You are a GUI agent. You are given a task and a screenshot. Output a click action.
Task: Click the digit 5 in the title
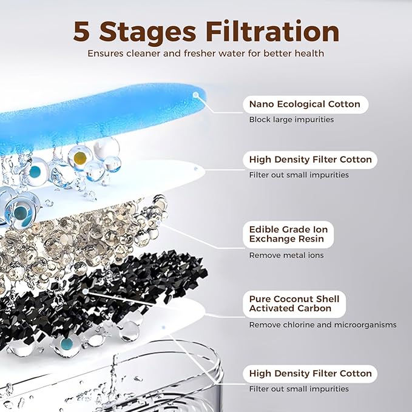pyautogui.click(x=81, y=32)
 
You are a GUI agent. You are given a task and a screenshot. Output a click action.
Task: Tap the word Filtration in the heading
pyautogui.click(x=272, y=31)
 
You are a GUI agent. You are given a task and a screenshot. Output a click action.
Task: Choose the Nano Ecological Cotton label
pyautogui.click(x=305, y=104)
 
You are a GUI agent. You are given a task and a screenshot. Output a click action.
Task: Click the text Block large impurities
pyautogui.click(x=291, y=120)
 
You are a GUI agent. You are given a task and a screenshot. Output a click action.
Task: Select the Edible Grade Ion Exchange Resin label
pyautogui.click(x=288, y=234)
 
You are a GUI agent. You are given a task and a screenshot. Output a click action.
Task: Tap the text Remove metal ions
pyautogui.click(x=286, y=255)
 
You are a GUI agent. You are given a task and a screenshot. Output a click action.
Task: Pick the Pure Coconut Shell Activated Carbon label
pyautogui.click(x=294, y=304)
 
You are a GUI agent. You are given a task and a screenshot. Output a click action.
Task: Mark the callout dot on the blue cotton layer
pyautogui.click(x=195, y=95)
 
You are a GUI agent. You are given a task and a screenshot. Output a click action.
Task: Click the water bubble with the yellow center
pyautogui.click(x=80, y=157)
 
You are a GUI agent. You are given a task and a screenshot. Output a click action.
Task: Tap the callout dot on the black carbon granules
pyautogui.click(x=85, y=291)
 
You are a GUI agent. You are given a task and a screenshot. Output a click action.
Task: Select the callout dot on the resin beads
pyautogui.click(x=158, y=223)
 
